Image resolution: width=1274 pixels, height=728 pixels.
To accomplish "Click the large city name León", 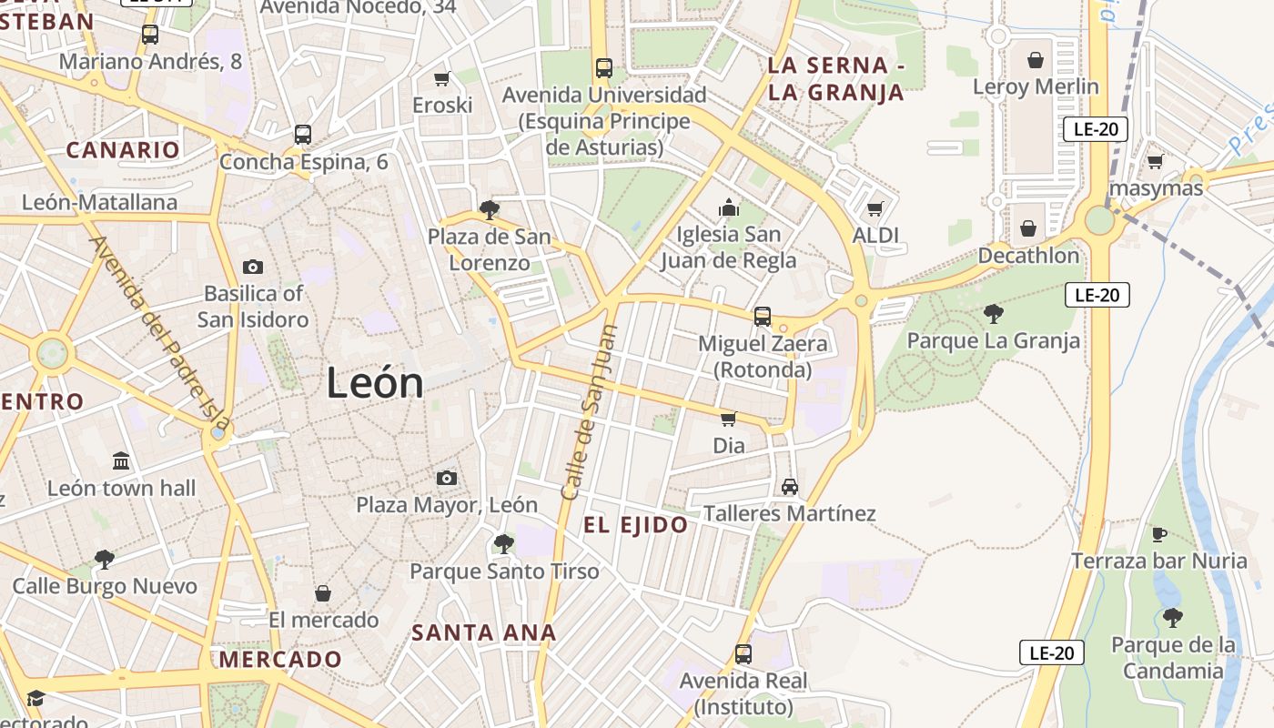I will point(375,383).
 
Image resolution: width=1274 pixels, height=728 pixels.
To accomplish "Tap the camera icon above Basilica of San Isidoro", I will point(253,267).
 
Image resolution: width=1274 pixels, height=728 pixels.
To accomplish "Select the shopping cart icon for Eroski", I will point(442,78).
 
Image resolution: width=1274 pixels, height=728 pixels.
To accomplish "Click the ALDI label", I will point(875,236).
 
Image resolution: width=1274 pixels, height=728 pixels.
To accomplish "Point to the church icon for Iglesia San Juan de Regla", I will point(728,208).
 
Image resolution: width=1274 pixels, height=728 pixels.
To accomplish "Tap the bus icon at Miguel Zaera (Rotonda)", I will point(763,317).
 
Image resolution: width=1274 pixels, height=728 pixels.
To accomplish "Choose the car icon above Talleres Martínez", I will point(790,487).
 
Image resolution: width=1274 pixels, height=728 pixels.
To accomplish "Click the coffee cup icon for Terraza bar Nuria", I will point(1158,534).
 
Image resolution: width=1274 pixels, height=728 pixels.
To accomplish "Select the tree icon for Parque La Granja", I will point(994,314).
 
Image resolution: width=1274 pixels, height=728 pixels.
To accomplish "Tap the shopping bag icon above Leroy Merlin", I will point(1036,60).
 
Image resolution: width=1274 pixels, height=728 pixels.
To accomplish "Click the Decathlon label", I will point(1028,256).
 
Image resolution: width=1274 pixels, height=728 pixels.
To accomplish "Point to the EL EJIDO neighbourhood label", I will point(635,525).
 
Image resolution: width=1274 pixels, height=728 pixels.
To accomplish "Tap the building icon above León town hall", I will point(121,461).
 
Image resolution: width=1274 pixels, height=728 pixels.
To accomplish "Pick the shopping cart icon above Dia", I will point(728,419).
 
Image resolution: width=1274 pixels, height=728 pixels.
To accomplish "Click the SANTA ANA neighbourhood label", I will point(483,632).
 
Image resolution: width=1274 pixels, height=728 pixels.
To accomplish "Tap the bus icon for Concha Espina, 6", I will point(303,135).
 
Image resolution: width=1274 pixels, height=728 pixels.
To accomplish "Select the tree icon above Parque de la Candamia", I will point(1172,618).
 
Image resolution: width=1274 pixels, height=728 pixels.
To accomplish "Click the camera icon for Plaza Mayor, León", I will point(446,478).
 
